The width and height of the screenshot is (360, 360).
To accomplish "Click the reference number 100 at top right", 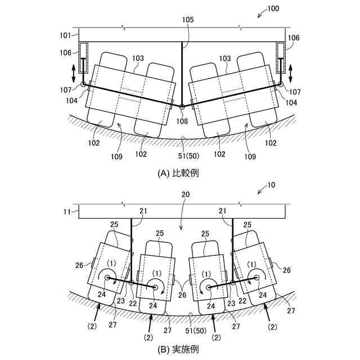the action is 271,9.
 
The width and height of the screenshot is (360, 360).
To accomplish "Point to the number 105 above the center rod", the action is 187,19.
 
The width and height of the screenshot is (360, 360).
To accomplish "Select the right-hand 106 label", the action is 293,38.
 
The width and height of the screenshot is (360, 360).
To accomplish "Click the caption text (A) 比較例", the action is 178,173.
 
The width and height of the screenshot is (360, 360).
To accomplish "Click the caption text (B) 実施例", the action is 178,349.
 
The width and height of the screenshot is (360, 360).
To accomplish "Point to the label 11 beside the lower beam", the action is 66,212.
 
